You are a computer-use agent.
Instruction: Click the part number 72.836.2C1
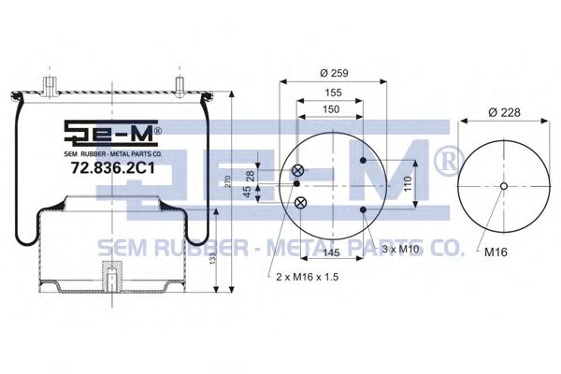[x=113, y=167]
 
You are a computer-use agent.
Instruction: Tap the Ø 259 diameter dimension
[x=334, y=73]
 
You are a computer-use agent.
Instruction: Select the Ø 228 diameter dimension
[x=505, y=112]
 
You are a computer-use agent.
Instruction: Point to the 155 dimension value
[x=333, y=93]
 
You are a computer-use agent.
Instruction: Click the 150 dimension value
[x=331, y=109]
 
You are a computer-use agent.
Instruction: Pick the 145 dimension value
[x=331, y=252]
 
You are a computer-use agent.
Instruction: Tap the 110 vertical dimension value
[x=408, y=184]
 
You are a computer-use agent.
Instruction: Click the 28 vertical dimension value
[x=251, y=176]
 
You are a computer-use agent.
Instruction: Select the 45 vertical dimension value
[x=247, y=192]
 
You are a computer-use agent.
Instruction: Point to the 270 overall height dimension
[x=228, y=181]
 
